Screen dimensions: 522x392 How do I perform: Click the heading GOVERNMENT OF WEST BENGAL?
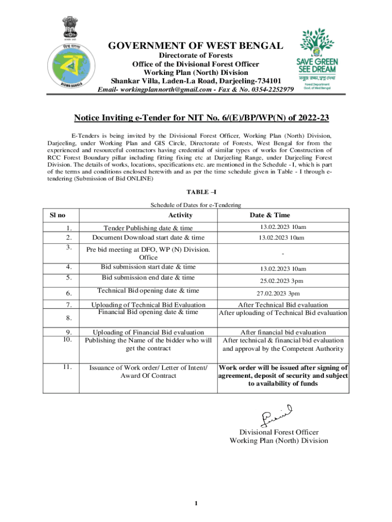tap(195, 46)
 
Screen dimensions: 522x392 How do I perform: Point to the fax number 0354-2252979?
tap(268, 90)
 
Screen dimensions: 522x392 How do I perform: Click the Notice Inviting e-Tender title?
tap(202, 118)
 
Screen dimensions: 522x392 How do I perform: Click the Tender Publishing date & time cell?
tap(148, 228)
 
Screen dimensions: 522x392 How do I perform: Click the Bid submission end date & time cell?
tap(148, 277)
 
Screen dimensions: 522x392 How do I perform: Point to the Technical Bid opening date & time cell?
tap(148, 291)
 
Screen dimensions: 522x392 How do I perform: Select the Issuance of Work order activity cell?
tap(148, 371)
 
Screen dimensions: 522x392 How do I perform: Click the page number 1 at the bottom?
tap(196, 504)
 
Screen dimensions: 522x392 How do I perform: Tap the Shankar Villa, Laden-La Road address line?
tap(195, 81)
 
